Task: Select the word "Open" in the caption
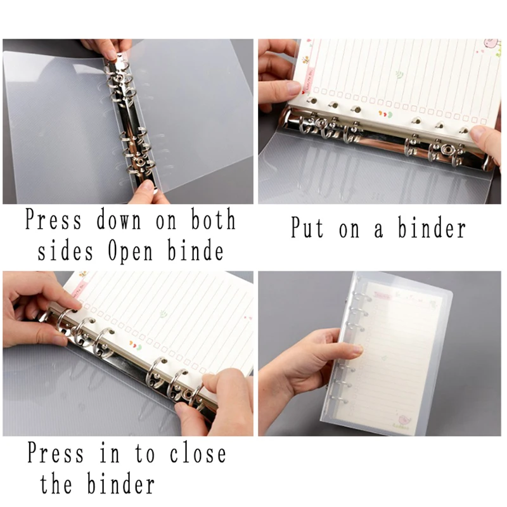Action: coord(130,252)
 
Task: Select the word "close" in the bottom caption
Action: coord(197,454)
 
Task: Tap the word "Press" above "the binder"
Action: coord(56,454)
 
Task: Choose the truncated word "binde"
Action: coord(194,252)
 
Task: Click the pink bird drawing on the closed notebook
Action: coord(404,419)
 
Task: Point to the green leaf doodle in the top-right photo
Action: coord(399,74)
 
